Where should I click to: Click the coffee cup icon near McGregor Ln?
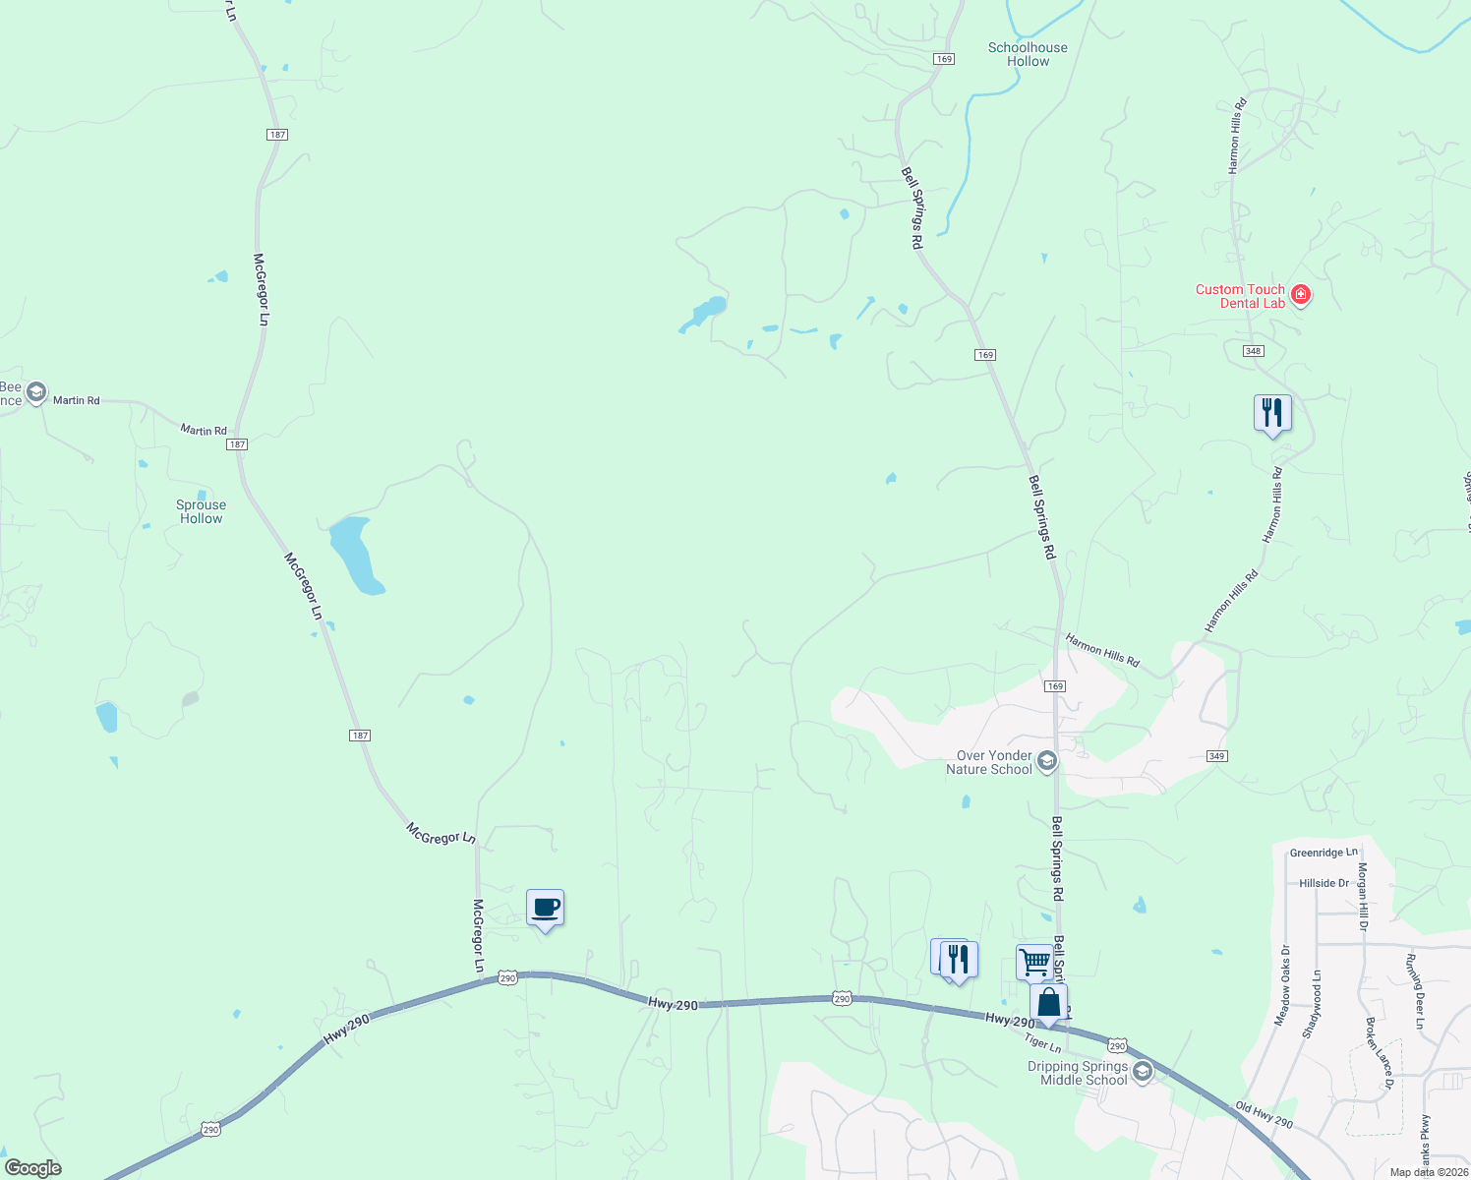pyautogui.click(x=545, y=908)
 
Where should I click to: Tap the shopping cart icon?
pyautogui.click(x=1033, y=961)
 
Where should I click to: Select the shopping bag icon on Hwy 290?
pyautogui.click(x=1048, y=1003)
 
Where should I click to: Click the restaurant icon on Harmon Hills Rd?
pyautogui.click(x=1271, y=412)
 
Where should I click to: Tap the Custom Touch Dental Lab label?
pyautogui.click(x=1240, y=296)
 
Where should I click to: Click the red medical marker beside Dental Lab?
pyautogui.click(x=1301, y=294)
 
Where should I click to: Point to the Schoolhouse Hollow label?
pyautogui.click(x=1028, y=54)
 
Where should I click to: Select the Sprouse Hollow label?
pyautogui.click(x=201, y=511)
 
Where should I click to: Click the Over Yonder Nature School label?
pyautogui.click(x=994, y=762)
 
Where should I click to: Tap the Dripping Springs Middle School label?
pyautogui.click(x=1077, y=1073)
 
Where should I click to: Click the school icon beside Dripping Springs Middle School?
pyautogui.click(x=1142, y=1072)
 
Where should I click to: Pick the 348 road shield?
pyautogui.click(x=1253, y=351)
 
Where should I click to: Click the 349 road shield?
pyautogui.click(x=1216, y=756)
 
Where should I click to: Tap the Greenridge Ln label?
pyautogui.click(x=1323, y=853)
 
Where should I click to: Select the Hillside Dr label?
pyautogui.click(x=1324, y=883)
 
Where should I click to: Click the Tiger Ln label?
pyautogui.click(x=1042, y=1042)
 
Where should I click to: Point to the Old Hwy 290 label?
pyautogui.click(x=1264, y=1114)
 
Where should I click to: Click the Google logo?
pyautogui.click(x=32, y=1167)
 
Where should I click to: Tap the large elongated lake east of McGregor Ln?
pyautogui.click(x=356, y=555)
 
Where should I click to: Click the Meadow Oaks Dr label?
pyautogui.click(x=1282, y=985)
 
